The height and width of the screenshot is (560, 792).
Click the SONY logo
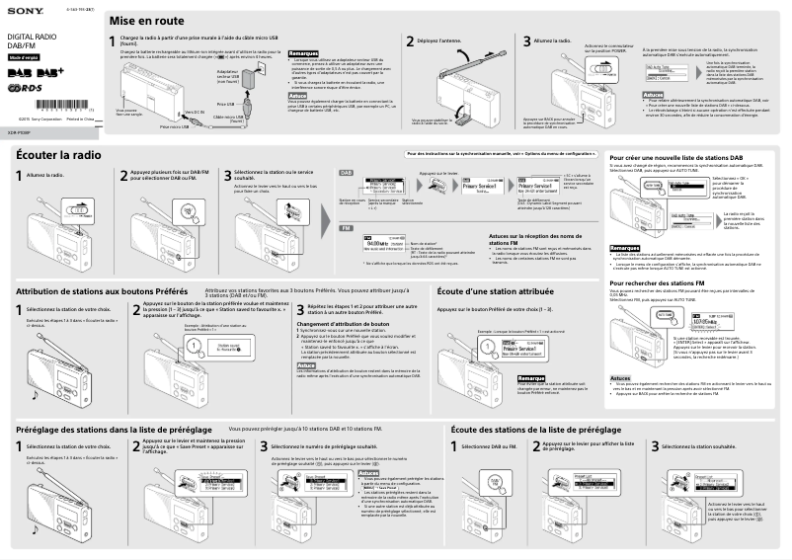pos(21,12)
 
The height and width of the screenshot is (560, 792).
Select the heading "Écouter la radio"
pos(58,155)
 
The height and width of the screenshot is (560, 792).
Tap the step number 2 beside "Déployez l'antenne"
pos(410,41)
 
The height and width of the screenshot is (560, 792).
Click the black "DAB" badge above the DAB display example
pos(346,172)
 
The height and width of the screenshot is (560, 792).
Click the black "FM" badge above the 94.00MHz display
pos(345,225)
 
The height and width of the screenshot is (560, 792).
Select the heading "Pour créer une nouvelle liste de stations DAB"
pos(676,157)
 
